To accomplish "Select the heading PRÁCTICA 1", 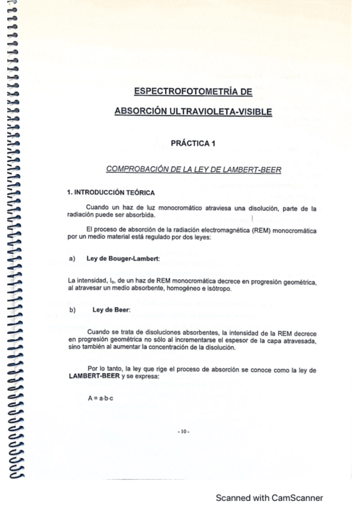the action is click(x=193, y=144).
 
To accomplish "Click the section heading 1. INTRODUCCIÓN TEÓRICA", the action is click(x=111, y=192).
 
